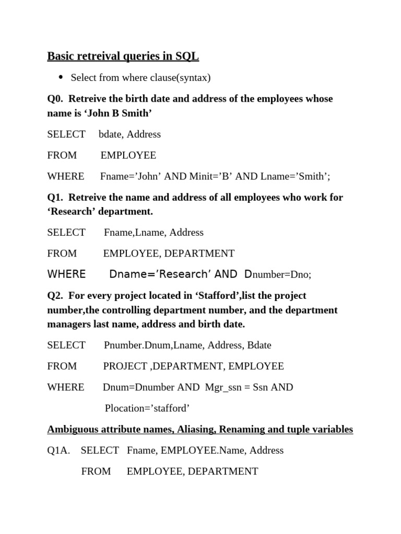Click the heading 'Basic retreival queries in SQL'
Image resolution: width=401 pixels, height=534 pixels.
coord(123,56)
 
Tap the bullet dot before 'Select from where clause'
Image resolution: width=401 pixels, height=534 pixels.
coord(60,78)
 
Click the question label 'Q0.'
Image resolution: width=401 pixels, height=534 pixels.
coord(55,99)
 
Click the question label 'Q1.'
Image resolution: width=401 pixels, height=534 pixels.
coord(55,198)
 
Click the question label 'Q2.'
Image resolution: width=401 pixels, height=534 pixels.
coord(55,296)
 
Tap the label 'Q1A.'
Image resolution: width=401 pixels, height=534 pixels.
coord(58,451)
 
